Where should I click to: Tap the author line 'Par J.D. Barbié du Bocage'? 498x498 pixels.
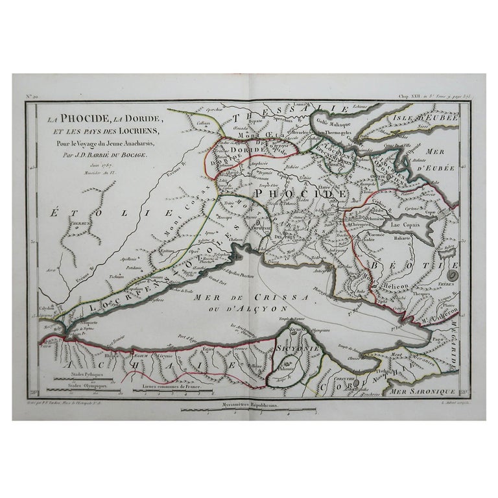[x=110, y=155]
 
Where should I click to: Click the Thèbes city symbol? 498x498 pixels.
[x=452, y=276]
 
